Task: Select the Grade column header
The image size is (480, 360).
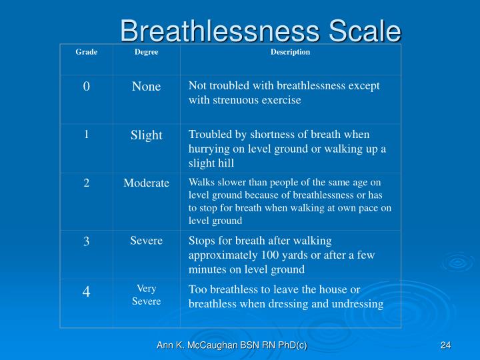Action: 87,52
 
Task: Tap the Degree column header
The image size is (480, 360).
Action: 146,52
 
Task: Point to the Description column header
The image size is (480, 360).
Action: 290,52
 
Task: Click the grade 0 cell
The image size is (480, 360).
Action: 87,87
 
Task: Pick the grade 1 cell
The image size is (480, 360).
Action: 87,134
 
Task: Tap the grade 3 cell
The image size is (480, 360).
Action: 87,241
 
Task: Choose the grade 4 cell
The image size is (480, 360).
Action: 87,292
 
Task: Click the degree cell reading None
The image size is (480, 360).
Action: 146,87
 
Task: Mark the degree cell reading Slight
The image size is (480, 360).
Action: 146,135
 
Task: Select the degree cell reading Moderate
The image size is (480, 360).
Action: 146,183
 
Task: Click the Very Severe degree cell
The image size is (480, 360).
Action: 146,295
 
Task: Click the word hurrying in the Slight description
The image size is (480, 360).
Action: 208,149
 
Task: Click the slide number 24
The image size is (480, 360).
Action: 446,345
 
